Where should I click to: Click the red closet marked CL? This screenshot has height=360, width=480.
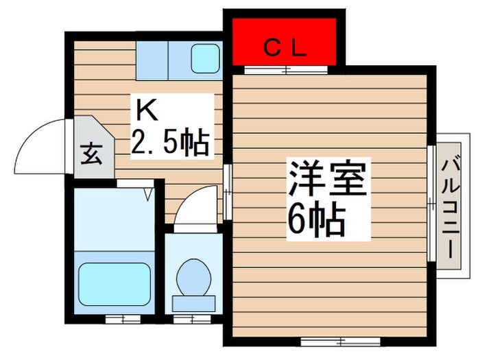click(x=284, y=42)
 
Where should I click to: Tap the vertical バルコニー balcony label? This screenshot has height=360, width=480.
click(x=451, y=206)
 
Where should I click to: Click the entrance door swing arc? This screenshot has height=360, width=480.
click(x=41, y=147)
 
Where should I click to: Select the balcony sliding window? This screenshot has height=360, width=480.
click(x=431, y=203)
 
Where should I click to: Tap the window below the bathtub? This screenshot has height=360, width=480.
click(x=114, y=319)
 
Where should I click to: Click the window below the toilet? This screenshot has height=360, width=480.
click(x=192, y=319)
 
